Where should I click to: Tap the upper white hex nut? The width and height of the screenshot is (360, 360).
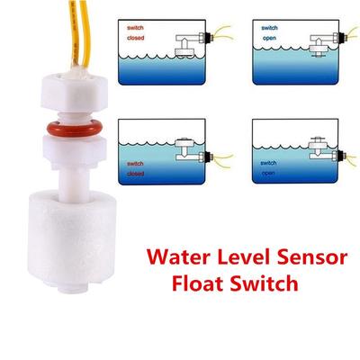[74, 92]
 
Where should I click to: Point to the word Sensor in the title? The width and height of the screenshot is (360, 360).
[311, 257]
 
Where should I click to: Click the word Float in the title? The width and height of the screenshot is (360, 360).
[197, 283]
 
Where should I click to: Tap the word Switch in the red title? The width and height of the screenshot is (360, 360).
[264, 283]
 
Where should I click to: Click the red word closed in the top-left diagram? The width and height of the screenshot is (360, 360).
[136, 38]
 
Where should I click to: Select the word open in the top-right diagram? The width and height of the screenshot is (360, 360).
[269, 39]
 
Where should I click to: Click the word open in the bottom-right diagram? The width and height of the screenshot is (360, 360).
[268, 173]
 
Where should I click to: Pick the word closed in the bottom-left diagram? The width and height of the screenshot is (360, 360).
[136, 174]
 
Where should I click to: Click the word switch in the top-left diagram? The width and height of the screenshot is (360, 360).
[135, 28]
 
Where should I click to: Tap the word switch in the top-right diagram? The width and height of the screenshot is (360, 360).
[269, 28]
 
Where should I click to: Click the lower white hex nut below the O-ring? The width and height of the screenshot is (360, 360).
[74, 151]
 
